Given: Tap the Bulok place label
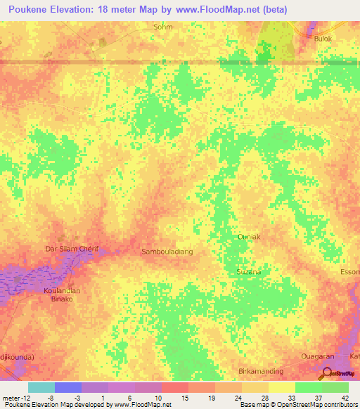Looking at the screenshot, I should (x=323, y=39).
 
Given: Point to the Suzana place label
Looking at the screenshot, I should (x=248, y=271).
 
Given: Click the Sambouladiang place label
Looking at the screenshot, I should (x=167, y=251).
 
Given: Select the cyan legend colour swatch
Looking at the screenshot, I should (x=41, y=387).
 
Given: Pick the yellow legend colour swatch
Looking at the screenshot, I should (x=282, y=387).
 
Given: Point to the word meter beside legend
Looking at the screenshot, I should (x=13, y=397).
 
